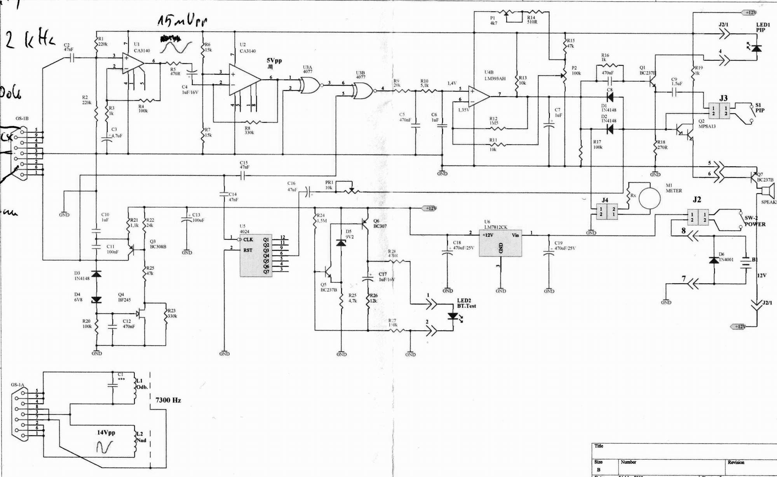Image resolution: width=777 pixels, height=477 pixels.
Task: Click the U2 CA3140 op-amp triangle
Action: [244, 79]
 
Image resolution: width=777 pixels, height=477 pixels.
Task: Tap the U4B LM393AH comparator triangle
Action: [479, 96]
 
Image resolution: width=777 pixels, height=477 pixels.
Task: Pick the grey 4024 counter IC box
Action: [255, 255]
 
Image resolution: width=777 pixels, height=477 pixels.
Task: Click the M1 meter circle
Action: [649, 199]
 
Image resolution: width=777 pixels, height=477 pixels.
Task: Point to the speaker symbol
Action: [768, 191]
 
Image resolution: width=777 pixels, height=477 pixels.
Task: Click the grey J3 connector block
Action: [719, 111]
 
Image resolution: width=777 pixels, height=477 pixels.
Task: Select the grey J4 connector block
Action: [606, 211]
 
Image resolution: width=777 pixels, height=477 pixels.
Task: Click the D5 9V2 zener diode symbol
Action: [341, 243]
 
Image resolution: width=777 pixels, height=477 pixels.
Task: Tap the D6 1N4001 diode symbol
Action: [714, 260]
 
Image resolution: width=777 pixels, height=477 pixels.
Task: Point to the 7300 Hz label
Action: [168, 400]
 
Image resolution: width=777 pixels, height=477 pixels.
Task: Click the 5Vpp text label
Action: [274, 61]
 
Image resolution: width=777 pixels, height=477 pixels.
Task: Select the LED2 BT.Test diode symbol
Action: [453, 316]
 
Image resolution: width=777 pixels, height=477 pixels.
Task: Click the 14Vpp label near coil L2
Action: [106, 432]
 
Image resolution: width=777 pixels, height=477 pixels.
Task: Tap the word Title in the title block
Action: [599, 446]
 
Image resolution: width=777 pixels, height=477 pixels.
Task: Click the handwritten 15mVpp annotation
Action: [182, 21]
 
